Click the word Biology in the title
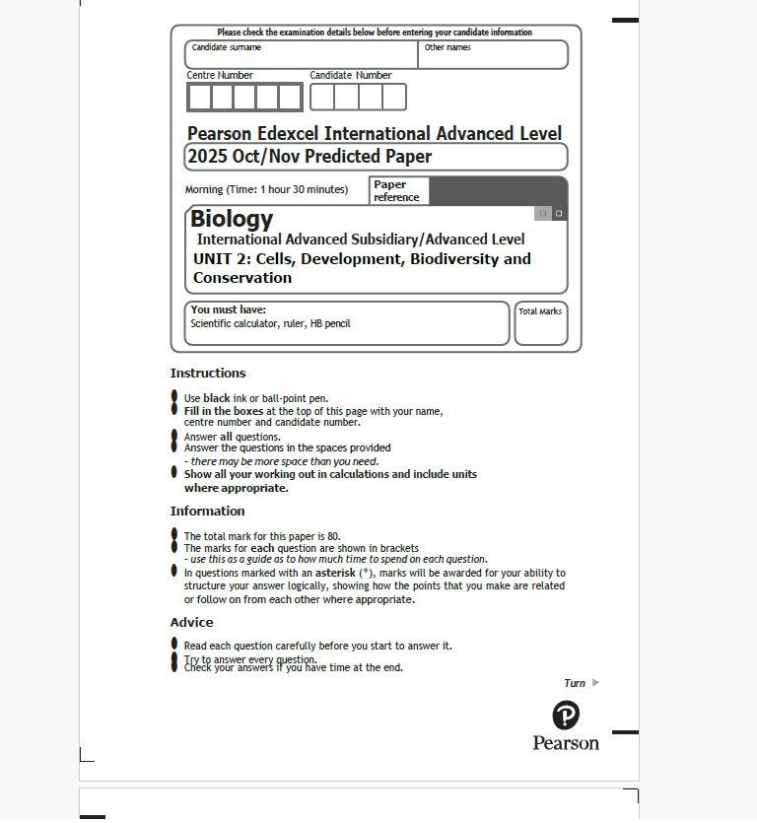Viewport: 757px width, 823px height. click(232, 219)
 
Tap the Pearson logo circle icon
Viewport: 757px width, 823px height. click(566, 715)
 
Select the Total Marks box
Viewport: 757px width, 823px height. click(540, 323)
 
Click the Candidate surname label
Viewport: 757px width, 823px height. click(227, 47)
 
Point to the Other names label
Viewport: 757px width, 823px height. click(447, 47)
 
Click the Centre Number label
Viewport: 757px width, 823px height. click(220, 75)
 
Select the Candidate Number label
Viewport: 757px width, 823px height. click(350, 75)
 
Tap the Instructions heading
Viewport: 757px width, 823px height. click(208, 374)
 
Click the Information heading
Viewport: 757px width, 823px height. click(207, 511)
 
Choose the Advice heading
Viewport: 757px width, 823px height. click(191, 622)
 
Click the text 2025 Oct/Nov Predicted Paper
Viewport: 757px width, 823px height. click(310, 157)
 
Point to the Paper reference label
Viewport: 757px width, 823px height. click(396, 190)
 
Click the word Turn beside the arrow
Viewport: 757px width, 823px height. click(575, 683)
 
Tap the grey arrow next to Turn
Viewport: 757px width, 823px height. click(595, 682)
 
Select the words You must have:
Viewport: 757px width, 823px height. click(228, 309)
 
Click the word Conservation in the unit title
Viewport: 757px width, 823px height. click(242, 278)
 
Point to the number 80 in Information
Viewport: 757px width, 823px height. click(333, 536)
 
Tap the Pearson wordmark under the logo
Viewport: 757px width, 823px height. click(566, 743)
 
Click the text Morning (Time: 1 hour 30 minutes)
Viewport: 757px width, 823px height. click(266, 189)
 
